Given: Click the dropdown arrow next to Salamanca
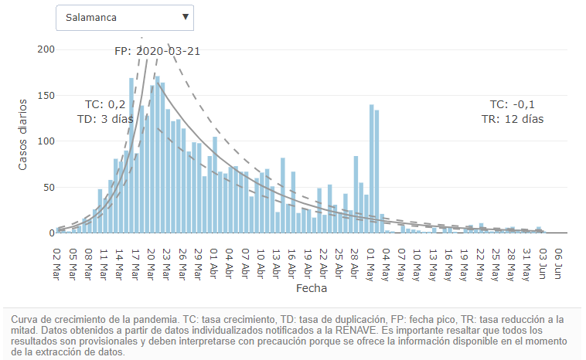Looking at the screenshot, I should coord(186,16).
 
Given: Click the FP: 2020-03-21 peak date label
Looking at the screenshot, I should coord(158,52).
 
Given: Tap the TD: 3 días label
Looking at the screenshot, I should coord(105,120).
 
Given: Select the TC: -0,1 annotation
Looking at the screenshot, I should coord(512,104).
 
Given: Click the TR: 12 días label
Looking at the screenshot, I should coord(512,120).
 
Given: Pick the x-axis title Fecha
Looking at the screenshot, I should coord(312,288).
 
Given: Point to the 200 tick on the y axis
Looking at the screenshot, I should coord(47,49).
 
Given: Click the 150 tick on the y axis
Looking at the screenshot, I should coord(47,95).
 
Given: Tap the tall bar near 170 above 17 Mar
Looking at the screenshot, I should coord(131,155).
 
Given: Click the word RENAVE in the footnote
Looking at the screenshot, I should coord(355,330).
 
